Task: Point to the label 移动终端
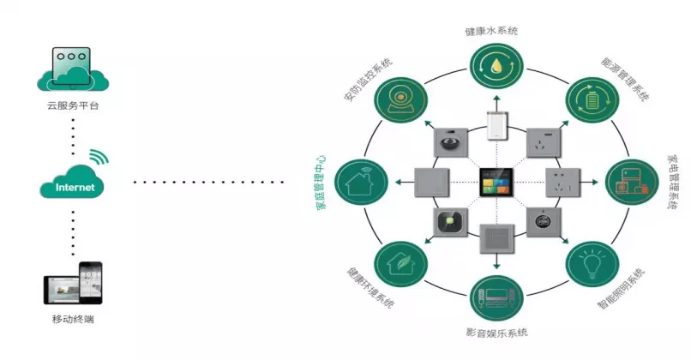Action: click(x=73, y=320)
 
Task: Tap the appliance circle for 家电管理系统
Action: click(x=631, y=183)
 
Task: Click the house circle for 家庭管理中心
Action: click(x=361, y=182)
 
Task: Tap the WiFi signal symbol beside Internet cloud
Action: click(x=101, y=158)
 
